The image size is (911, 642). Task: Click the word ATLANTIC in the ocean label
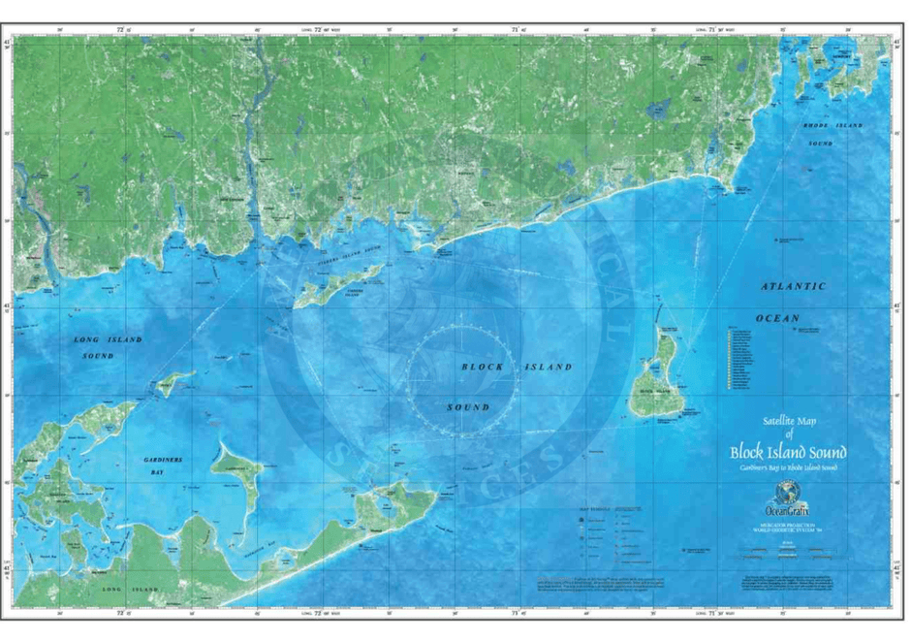[x=793, y=287]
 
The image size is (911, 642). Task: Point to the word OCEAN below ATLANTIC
[x=777, y=318]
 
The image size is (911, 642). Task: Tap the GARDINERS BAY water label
[x=159, y=464]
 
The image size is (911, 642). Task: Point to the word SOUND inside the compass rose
[x=467, y=407]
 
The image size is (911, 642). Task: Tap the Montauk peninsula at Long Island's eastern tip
[x=388, y=506]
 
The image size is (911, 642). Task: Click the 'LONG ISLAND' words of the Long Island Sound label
[x=108, y=339]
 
